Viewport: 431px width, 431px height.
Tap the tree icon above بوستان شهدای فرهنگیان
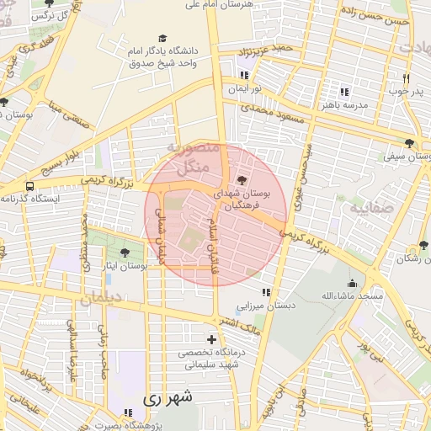[243, 180]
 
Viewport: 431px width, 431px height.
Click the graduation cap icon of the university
[162, 39]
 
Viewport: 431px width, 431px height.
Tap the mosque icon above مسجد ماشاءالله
[352, 284]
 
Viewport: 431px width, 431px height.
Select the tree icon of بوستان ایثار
[125, 253]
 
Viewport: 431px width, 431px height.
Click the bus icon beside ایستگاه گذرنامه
[30, 186]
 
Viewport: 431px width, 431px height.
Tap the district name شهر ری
[168, 396]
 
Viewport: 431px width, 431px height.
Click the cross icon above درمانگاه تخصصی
[211, 339]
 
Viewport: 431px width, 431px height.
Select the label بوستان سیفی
[408, 156]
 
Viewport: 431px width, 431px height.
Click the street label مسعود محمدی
[265, 109]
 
